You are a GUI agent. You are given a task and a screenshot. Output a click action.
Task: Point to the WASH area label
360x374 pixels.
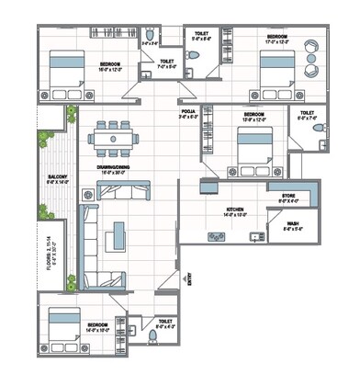pos(292,221)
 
